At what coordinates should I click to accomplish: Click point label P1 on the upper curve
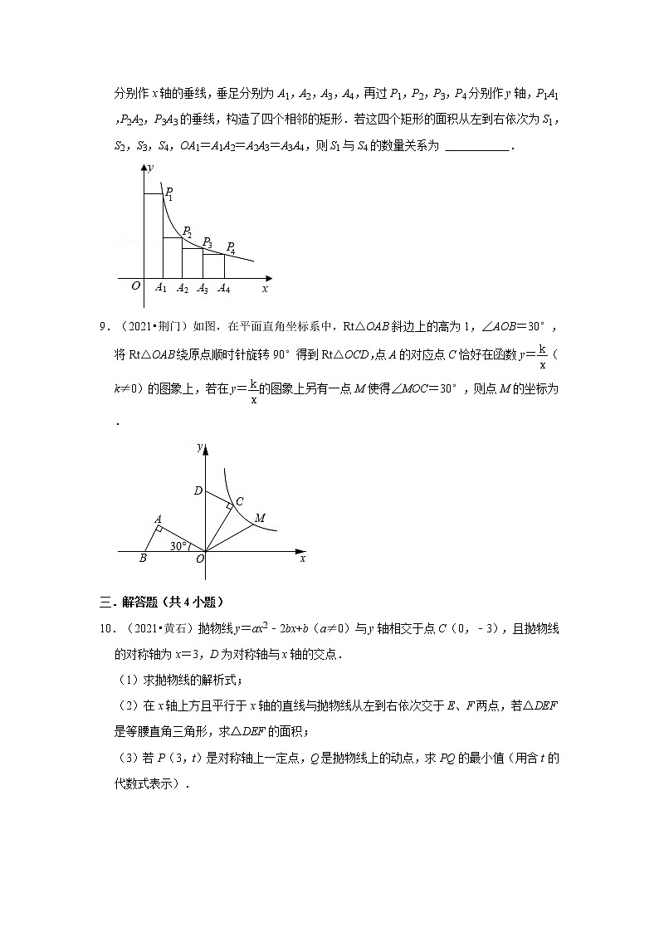168,193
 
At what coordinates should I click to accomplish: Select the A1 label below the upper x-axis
161,289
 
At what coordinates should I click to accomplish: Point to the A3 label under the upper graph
203,289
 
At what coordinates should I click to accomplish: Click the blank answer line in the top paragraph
477,147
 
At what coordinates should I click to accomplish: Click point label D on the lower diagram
198,491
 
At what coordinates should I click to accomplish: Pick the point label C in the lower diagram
239,500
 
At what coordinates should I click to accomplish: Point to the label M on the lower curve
260,519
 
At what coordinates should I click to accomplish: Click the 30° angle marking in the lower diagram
178,545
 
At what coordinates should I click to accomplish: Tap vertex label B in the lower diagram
143,559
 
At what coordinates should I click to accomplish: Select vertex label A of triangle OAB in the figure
156,520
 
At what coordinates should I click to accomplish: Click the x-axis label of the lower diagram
302,559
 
